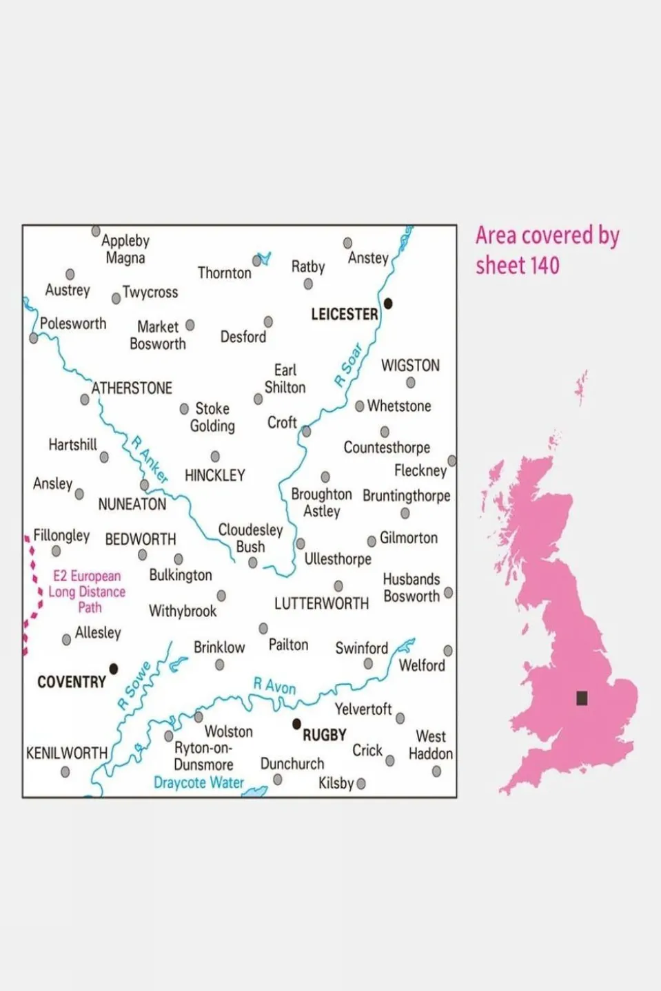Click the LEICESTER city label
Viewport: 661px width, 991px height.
pos(344,314)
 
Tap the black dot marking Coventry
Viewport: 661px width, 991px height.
pos(114,668)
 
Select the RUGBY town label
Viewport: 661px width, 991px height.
pos(324,735)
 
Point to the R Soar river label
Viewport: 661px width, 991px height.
pos(349,366)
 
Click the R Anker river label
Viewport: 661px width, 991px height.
pos(150,459)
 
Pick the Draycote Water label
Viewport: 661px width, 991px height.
pos(199,782)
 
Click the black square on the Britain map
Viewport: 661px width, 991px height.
pos(582,698)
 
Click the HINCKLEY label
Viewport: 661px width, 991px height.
pos(214,475)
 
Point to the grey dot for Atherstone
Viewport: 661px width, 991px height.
pos(85,399)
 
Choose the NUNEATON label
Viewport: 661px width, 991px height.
pos(132,504)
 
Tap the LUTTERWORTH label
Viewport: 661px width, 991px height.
pos(321,604)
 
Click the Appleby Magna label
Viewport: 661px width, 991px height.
pos(125,249)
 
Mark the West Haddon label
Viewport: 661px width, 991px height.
pos(430,745)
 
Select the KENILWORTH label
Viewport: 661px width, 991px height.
pos(67,753)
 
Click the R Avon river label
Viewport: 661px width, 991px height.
pos(274,686)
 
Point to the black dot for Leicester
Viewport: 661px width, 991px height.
pos(388,303)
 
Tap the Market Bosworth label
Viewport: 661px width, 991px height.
pos(158,335)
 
